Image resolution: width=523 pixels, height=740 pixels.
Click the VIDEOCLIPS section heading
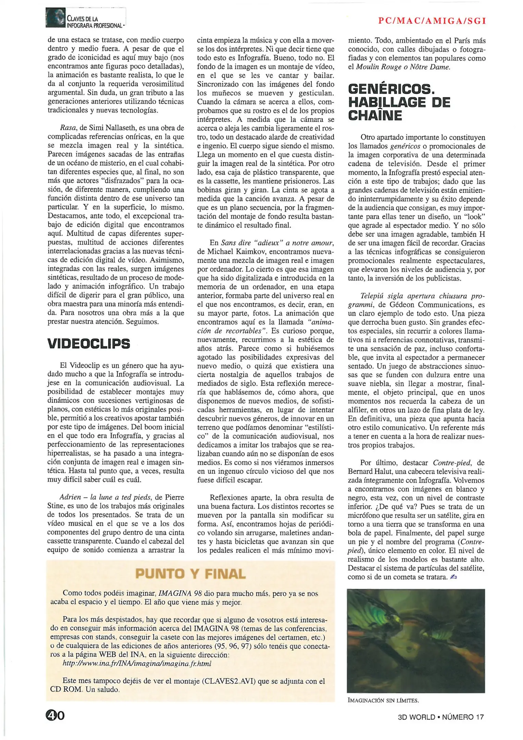click(89, 344)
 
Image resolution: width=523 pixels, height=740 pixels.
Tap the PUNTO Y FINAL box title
click(190, 574)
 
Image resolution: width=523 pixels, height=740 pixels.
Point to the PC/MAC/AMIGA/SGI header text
click(432, 21)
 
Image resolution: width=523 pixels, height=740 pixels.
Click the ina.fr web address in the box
click(137, 664)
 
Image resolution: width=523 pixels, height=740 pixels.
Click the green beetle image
click(416, 641)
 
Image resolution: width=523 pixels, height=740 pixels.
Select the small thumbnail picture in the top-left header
click(55, 18)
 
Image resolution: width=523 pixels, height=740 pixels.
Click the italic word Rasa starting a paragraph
click(68, 128)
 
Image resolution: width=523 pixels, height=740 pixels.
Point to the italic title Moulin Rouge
click(376, 67)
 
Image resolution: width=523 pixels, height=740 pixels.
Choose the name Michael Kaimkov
click(236, 251)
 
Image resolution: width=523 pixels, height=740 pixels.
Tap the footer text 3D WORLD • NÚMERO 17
click(441, 717)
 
